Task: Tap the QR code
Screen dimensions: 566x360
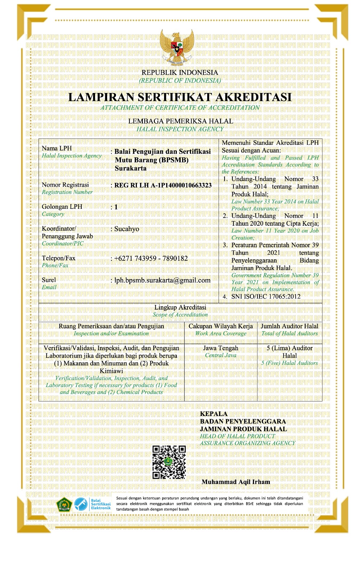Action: pyautogui.click(x=169, y=462)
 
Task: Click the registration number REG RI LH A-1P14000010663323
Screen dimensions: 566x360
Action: pyautogui.click(x=163, y=185)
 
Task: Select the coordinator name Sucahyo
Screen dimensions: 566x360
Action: pyautogui.click(x=127, y=229)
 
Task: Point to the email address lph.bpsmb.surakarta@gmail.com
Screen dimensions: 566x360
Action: pyautogui.click(x=162, y=280)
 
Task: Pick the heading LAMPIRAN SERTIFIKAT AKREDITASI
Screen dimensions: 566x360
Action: pyautogui.click(x=180, y=97)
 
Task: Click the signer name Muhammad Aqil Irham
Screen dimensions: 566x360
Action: pyautogui.click(x=236, y=482)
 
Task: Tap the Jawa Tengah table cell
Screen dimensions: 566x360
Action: pyautogui.click(x=221, y=348)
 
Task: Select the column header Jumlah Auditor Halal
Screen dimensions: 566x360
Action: pyautogui.click(x=289, y=326)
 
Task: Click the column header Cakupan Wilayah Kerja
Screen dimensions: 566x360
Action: pyautogui.click(x=221, y=326)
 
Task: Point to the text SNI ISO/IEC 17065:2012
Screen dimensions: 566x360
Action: pyautogui.click(x=266, y=296)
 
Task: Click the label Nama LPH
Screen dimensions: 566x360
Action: pyautogui.click(x=57, y=148)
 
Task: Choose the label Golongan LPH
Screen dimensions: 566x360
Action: pyautogui.click(x=62, y=207)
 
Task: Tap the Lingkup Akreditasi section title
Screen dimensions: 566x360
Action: pyautogui.click(x=180, y=307)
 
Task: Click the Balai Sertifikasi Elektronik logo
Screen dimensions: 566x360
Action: pyautogui.click(x=93, y=504)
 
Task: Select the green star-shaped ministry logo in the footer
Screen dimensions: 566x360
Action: pyautogui.click(x=64, y=504)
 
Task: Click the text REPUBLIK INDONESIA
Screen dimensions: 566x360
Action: pyautogui.click(x=180, y=73)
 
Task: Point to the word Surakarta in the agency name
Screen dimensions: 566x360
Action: pyautogui.click(x=130, y=168)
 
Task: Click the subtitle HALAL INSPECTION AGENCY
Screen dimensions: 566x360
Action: pyautogui.click(x=180, y=129)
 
